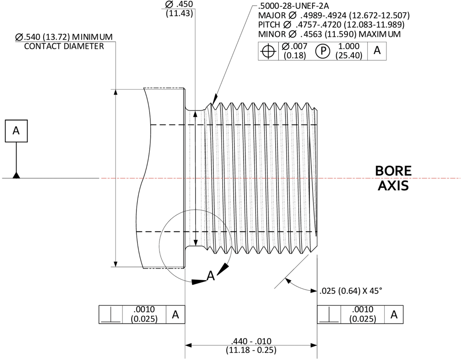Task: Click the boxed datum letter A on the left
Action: coord(16,131)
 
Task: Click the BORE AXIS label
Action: coord(393,178)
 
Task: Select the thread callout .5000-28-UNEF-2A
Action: coord(293,6)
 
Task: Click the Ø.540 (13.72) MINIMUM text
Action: coord(64,37)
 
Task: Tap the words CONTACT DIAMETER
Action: coord(64,46)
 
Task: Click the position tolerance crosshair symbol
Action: coord(268,51)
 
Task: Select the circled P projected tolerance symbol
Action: coord(323,51)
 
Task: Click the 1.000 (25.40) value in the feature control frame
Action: coord(349,51)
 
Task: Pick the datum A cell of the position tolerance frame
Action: coord(377,50)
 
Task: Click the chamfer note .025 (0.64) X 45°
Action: coord(351,291)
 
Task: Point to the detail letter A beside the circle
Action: coord(211,276)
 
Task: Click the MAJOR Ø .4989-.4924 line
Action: coord(334,15)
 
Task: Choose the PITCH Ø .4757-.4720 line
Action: coord(331,25)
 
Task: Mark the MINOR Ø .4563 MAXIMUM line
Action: coord(329,34)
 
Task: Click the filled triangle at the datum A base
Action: coord(17,176)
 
